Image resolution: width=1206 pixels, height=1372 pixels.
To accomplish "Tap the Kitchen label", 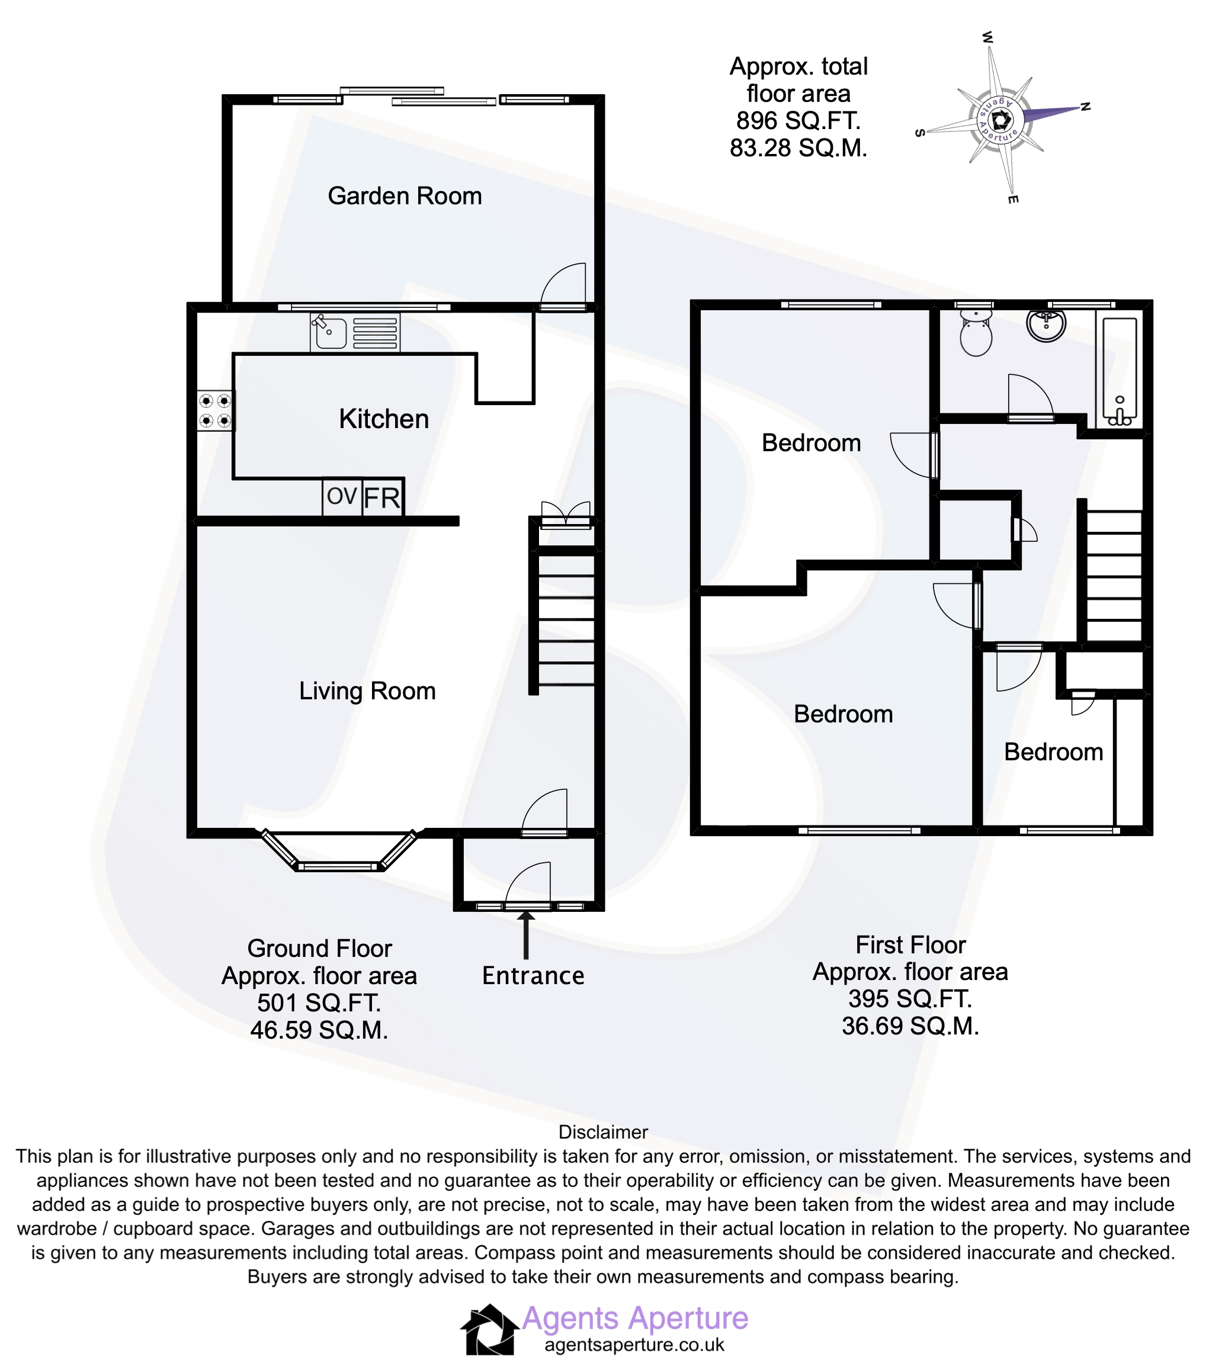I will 383,419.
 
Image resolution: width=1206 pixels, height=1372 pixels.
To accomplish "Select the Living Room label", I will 367,690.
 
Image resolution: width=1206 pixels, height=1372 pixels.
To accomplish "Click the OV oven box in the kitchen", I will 342,497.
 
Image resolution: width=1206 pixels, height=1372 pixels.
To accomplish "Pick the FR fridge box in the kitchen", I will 383,498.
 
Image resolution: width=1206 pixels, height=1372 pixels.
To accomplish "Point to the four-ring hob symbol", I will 215,411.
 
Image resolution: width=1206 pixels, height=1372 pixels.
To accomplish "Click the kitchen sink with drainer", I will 355,332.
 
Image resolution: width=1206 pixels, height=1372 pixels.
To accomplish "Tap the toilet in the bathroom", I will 976,332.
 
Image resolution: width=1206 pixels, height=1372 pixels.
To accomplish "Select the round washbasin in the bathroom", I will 1045,325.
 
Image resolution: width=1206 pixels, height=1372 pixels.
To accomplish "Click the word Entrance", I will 533,975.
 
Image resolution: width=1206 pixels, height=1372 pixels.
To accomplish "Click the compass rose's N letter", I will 1085,106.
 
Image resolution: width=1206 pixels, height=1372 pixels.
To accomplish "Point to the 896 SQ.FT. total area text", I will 798,121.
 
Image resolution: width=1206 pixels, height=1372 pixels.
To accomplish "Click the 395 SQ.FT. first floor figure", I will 910,999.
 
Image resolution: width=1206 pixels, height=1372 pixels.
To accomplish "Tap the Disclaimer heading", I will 603,1132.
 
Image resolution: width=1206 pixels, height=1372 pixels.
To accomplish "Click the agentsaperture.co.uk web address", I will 634,1345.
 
